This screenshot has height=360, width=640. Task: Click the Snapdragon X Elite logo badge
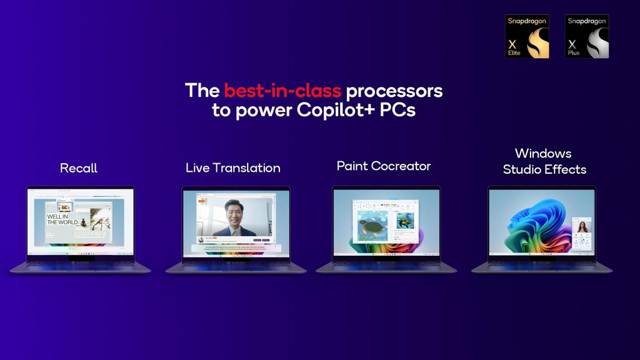pyautogui.click(x=527, y=36)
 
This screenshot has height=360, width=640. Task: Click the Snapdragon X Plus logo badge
pyautogui.click(x=587, y=36)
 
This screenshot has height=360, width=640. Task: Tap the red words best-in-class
pyautogui.click(x=283, y=91)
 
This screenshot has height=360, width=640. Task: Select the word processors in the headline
pyautogui.click(x=394, y=91)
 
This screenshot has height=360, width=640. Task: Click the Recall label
pyautogui.click(x=79, y=168)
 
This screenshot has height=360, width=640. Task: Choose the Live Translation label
pyautogui.click(x=232, y=168)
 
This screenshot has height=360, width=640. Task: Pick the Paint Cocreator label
pyautogui.click(x=383, y=166)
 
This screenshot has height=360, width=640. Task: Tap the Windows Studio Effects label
pyautogui.click(x=544, y=161)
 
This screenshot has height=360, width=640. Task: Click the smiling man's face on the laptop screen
pyautogui.click(x=234, y=212)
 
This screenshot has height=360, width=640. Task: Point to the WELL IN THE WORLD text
pyautogui.click(x=62, y=219)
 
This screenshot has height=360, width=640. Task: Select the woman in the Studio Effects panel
pyautogui.click(x=582, y=226)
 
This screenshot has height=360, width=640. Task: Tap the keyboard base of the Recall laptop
pyautogui.click(x=80, y=266)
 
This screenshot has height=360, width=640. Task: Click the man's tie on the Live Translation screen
pyautogui.click(x=234, y=231)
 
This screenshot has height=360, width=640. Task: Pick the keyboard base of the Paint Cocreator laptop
pyautogui.click(x=386, y=266)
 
